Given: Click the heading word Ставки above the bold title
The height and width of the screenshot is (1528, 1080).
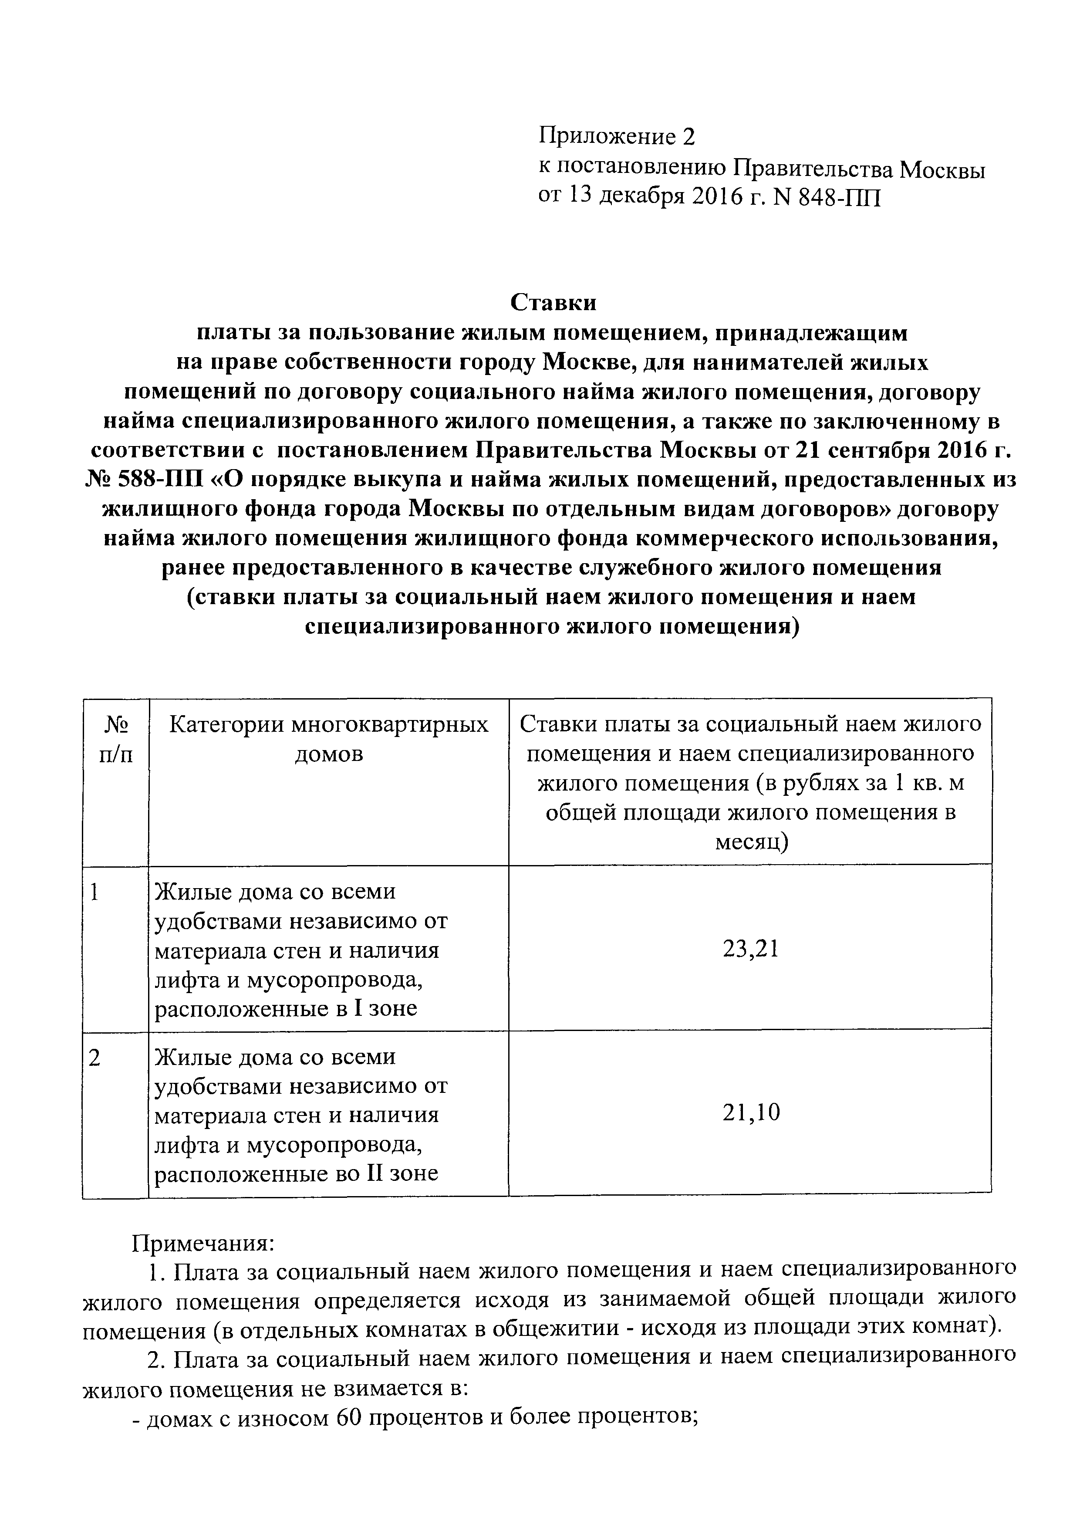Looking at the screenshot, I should tap(553, 303).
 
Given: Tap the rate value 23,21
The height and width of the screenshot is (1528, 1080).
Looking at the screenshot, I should tap(750, 948).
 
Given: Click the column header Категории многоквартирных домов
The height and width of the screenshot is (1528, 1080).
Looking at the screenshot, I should tap(329, 739).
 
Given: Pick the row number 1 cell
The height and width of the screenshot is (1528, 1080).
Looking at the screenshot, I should tap(95, 892).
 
